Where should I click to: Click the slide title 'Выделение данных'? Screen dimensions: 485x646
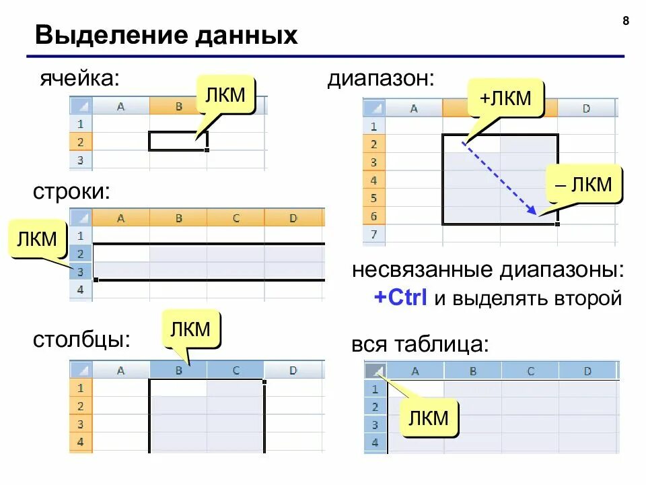[x=166, y=35]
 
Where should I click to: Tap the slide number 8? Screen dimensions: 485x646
[x=626, y=21]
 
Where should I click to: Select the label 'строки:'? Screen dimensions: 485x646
[x=71, y=191]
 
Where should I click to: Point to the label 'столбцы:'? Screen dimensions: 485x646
[x=81, y=339]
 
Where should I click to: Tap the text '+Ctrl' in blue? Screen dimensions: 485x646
[x=401, y=298]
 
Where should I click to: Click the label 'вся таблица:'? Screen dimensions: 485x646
[x=419, y=344]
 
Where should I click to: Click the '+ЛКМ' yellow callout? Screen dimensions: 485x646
[x=505, y=98]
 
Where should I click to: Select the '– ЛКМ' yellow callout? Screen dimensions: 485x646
[x=584, y=185]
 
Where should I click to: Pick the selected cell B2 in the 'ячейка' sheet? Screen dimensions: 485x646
[x=178, y=141]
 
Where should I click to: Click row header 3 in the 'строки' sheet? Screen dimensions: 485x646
[x=81, y=271]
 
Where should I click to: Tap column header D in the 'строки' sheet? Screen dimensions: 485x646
[x=293, y=218]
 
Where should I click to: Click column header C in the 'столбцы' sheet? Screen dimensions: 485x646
[x=236, y=370]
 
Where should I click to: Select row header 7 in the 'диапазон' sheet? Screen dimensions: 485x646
[x=373, y=234]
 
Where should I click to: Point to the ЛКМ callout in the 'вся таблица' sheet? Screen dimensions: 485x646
[x=429, y=418]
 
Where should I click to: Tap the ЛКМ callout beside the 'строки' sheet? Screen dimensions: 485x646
[x=38, y=240]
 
